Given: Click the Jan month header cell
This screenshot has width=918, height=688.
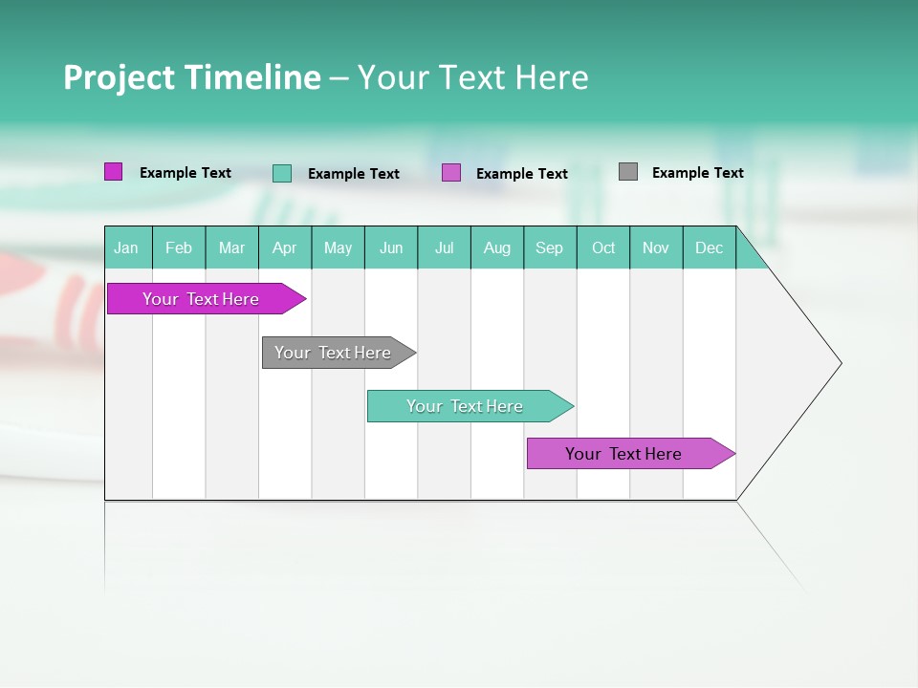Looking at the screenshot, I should tap(127, 247).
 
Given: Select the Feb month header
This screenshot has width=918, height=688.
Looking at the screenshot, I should tap(179, 247).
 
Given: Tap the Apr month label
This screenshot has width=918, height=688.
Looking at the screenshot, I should tap(285, 247).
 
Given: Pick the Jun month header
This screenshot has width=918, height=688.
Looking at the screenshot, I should tap(391, 247).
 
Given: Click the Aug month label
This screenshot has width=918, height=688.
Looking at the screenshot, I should tap(497, 247).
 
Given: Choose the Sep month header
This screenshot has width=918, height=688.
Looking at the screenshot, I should tap(550, 247).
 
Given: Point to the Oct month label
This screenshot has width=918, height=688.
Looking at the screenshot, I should tap(603, 247).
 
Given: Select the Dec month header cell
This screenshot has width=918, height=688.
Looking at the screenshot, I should tap(710, 247).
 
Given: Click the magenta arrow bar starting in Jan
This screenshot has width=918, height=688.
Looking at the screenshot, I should tap(201, 299).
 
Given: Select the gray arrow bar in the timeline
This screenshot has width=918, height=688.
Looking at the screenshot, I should tap(333, 353).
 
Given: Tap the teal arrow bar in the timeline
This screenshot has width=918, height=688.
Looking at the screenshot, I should tap(465, 406).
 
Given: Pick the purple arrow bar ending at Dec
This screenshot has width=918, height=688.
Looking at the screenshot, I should tap(623, 454).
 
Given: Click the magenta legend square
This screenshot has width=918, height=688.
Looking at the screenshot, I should tap(114, 172).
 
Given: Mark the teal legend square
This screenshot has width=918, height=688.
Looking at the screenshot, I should tap(282, 173).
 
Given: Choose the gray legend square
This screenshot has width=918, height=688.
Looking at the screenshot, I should tap(628, 172).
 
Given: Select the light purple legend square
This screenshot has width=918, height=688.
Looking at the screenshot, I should tap(451, 173).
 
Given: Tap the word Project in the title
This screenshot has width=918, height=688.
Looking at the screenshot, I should tap(120, 77).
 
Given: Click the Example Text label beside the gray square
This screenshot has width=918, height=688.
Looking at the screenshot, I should tap(697, 173).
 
